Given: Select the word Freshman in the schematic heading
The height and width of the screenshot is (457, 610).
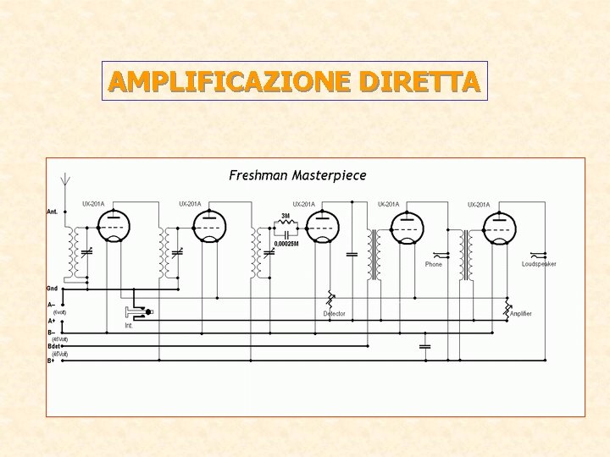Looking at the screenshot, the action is (258, 176).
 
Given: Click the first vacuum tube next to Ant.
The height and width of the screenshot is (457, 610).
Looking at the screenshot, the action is (113, 224).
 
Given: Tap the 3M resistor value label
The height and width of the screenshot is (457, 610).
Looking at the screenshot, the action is (286, 217).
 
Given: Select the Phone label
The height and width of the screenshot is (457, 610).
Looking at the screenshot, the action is (434, 265).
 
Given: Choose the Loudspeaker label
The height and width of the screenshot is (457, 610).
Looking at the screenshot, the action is (539, 265).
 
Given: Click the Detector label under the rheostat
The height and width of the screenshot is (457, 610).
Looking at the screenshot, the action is (335, 314).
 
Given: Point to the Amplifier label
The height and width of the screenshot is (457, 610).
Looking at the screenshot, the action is (521, 314).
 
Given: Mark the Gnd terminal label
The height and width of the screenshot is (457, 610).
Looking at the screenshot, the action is (53, 289).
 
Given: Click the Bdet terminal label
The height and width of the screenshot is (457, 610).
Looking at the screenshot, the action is (54, 346).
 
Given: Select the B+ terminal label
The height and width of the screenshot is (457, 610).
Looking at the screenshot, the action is (52, 361).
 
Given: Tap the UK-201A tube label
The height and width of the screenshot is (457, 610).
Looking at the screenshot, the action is (389, 204).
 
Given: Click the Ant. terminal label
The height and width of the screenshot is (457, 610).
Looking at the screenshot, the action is (53, 212).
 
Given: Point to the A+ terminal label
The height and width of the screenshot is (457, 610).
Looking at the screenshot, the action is (52, 321).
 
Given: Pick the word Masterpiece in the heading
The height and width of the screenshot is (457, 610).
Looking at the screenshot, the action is (330, 176).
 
